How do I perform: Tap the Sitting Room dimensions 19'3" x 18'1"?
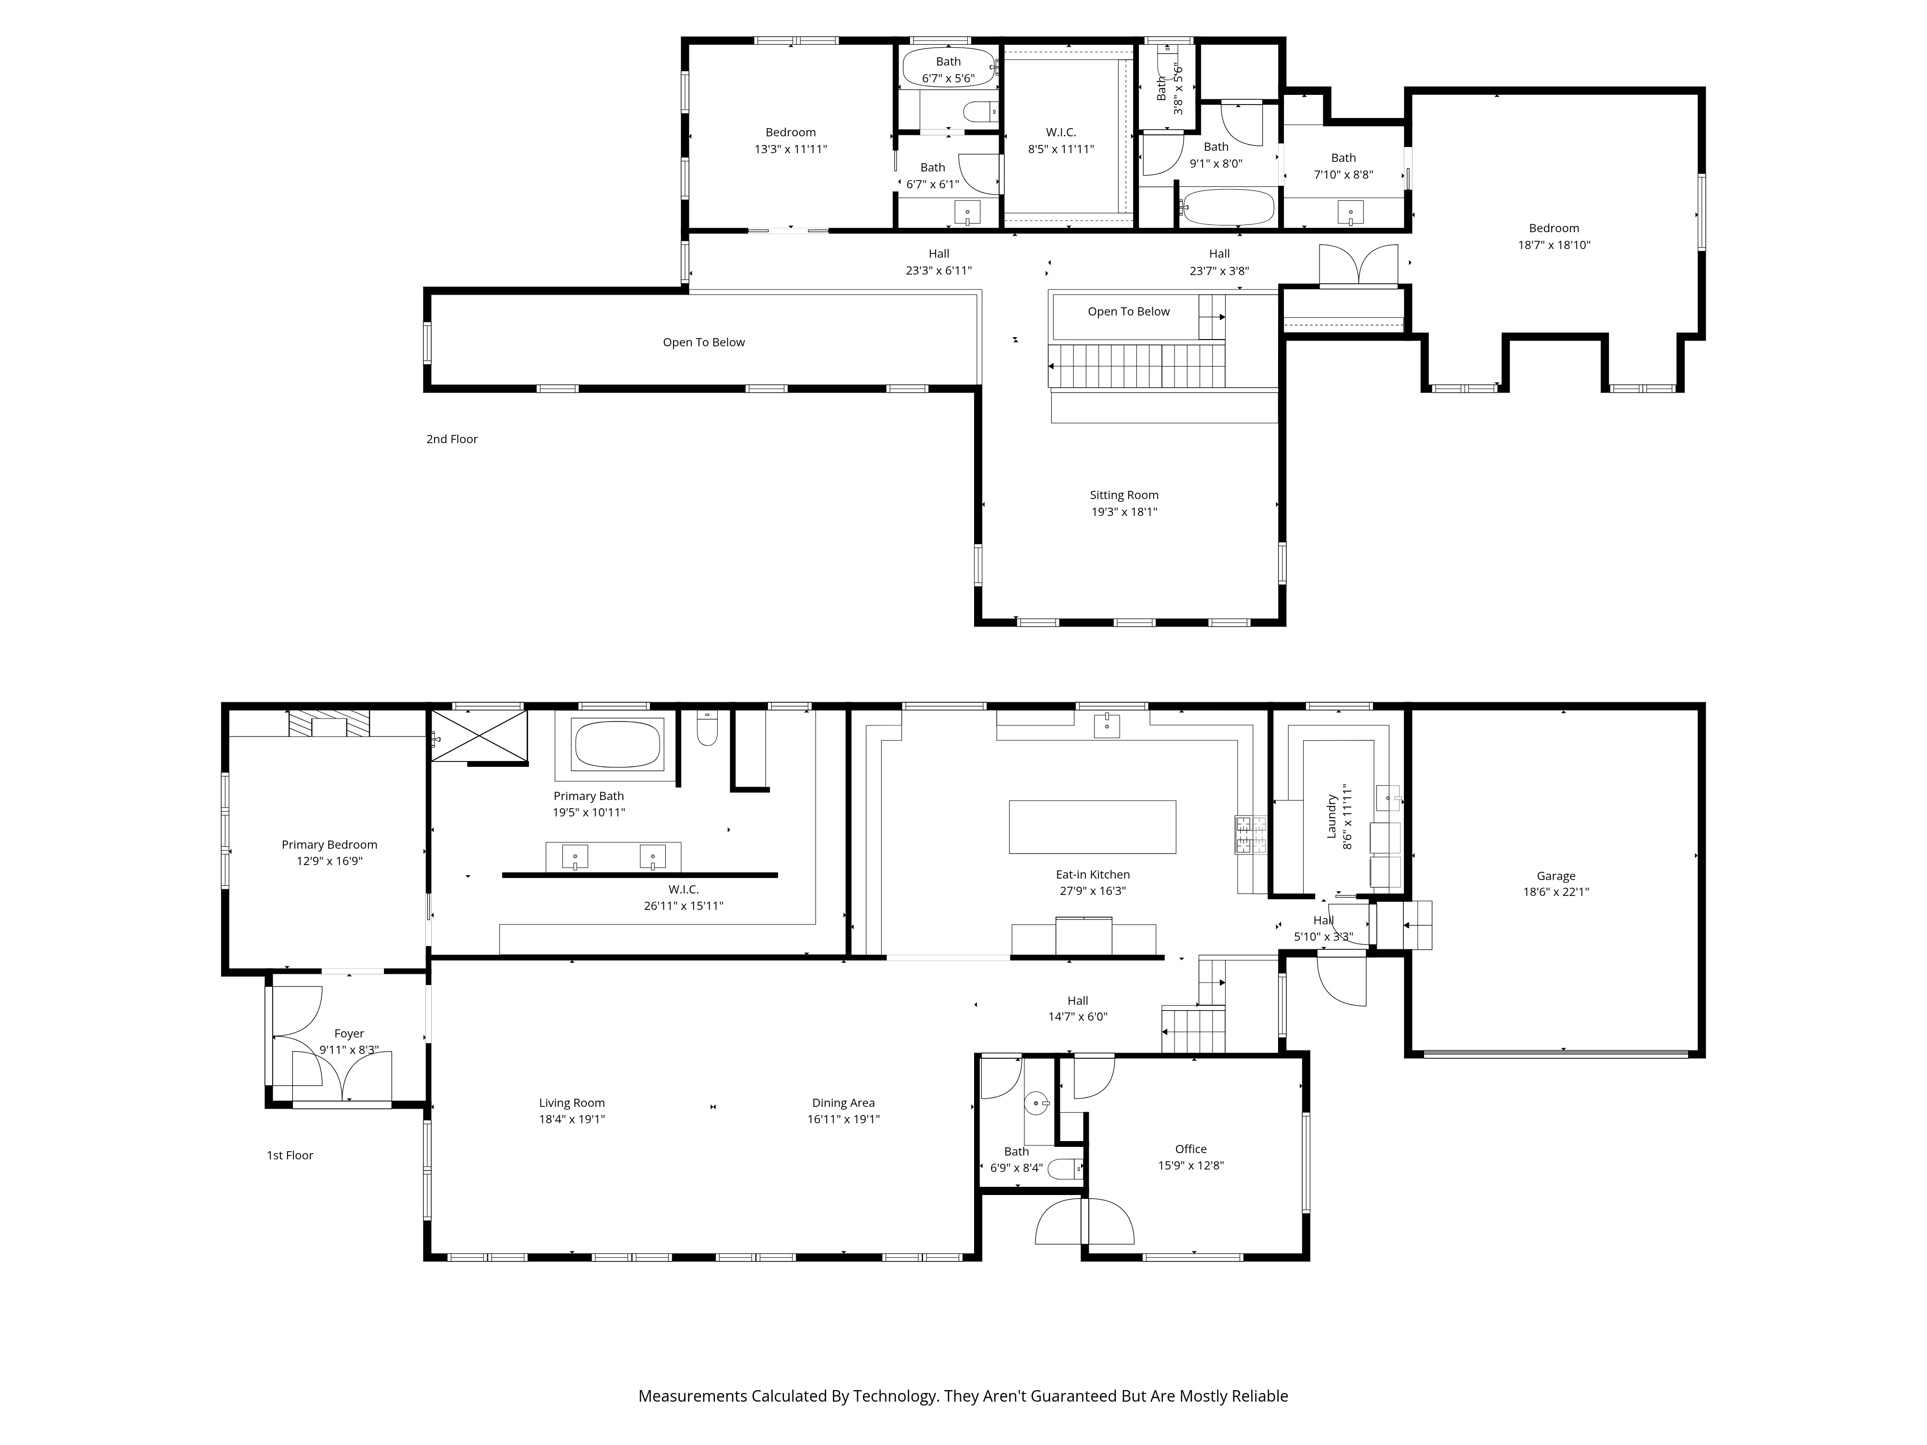(1124, 512)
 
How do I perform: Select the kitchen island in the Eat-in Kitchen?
(1093, 827)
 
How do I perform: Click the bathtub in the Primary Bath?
(617, 745)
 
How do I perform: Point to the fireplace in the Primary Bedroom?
(330, 725)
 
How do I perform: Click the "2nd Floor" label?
(451, 439)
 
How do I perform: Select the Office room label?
(1190, 1149)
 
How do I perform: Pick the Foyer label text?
(348, 1034)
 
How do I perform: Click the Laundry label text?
(1331, 816)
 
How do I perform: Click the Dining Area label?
(843, 1103)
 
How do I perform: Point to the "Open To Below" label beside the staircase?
(1128, 312)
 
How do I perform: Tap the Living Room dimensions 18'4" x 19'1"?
(571, 1120)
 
